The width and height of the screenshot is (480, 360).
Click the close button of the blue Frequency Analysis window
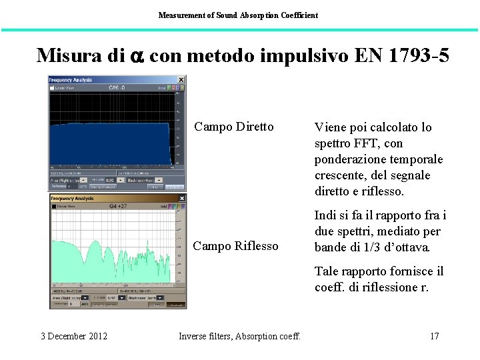coord(181,80)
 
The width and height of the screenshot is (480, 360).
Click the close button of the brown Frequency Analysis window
coord(182,199)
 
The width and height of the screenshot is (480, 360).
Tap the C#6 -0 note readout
coord(117,87)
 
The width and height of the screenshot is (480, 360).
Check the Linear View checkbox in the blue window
coord(52,87)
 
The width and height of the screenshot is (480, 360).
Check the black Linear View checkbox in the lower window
coord(53,207)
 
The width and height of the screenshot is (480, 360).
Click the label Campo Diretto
coord(233,127)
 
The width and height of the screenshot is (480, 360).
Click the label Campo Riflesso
coord(235,246)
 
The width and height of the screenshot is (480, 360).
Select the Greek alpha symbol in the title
coord(135,56)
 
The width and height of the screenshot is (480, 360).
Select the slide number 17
coord(434,336)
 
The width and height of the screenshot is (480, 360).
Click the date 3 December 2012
coord(74,336)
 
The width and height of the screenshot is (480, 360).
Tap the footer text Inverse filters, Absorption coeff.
coord(240,336)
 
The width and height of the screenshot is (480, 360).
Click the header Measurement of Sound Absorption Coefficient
coord(238,15)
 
